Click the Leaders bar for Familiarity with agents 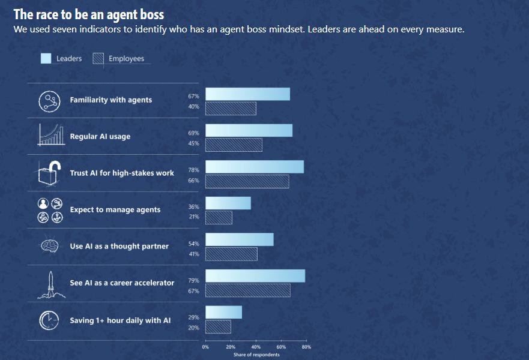247,94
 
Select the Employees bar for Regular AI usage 234,145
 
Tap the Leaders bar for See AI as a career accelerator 255,276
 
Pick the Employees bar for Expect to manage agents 219,217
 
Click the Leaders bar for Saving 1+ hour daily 223,312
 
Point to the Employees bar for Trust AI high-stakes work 247,181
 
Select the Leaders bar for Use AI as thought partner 239,239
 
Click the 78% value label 193,170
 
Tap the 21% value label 193,217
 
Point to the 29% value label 193,316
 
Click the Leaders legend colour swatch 46,58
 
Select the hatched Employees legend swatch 98,58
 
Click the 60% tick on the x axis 281,347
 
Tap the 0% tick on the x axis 205,347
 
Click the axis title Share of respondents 256,355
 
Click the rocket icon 50,284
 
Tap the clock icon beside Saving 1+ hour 49,320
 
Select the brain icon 49,246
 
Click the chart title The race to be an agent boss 88,14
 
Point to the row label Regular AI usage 100,136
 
